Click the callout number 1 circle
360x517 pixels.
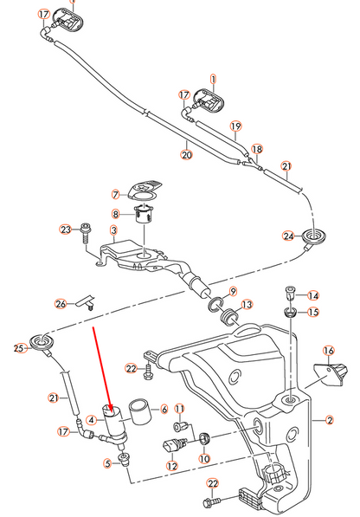click(212, 79)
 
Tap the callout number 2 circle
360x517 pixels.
click(330, 422)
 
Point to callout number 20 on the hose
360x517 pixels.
click(186, 155)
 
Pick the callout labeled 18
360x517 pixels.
click(256, 149)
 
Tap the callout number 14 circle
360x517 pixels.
click(313, 295)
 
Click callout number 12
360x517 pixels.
click(171, 466)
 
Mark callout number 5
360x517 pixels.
click(108, 464)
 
